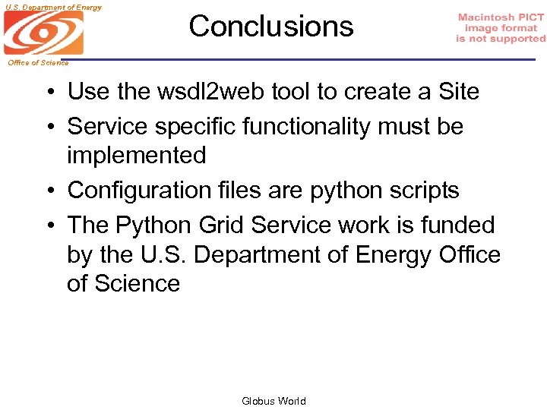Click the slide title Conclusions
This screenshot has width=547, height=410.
click(271, 27)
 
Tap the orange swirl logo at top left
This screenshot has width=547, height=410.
click(43, 33)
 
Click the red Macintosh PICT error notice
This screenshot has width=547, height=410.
click(501, 28)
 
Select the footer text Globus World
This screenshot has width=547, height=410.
click(273, 401)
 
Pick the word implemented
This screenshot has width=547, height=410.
click(137, 156)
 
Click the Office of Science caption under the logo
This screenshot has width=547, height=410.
click(38, 63)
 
